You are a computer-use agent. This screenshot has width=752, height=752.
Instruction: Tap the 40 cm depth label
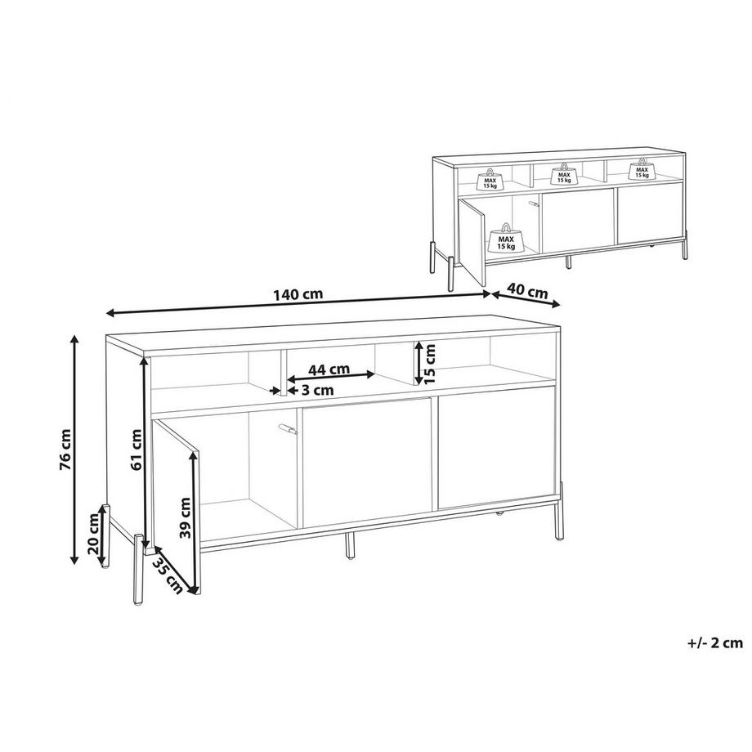tap(527, 291)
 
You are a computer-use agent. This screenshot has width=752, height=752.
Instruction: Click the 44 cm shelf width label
tap(330, 369)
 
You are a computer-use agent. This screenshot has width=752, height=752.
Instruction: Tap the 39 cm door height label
tap(186, 517)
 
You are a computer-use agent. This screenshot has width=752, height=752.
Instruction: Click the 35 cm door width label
tap(167, 577)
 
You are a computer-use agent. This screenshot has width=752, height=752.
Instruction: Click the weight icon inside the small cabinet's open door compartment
tap(507, 238)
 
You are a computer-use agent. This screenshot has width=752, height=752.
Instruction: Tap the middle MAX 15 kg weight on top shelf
tap(562, 174)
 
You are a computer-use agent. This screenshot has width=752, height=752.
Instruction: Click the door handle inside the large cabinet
tap(286, 427)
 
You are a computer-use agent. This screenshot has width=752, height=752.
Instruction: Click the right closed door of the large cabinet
tap(497, 452)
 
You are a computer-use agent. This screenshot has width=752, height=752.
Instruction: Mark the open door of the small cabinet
tap(471, 237)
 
